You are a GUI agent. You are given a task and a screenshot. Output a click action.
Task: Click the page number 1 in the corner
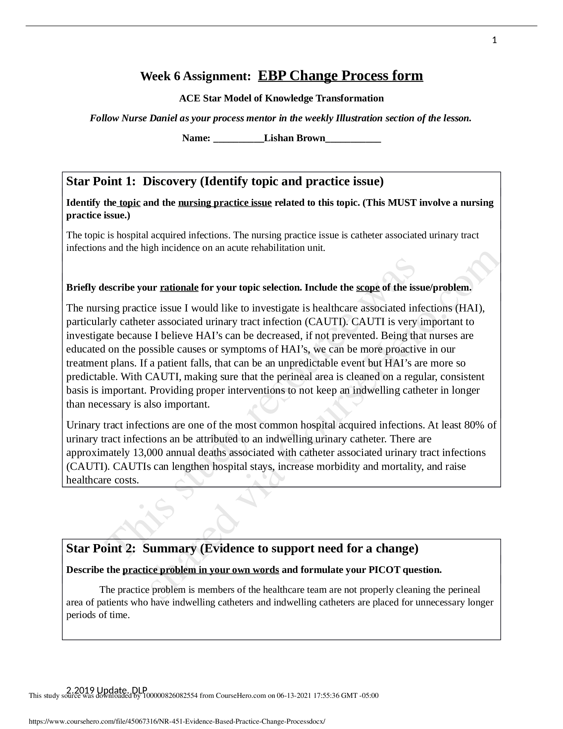pos(494,40)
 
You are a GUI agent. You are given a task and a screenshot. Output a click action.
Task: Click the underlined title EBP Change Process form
pos(340,76)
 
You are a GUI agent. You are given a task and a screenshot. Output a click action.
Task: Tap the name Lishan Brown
pos(294,138)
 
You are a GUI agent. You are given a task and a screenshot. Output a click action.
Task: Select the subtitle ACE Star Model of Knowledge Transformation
pos(281,98)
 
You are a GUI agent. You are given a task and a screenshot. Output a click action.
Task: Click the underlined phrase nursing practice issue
pos(225,202)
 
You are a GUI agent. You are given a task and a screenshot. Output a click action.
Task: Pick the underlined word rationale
pos(179,287)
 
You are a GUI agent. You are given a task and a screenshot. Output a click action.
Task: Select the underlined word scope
pos(368,287)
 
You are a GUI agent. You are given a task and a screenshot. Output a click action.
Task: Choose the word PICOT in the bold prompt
pos(384,570)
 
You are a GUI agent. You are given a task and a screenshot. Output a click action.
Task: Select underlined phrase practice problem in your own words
pos(200,570)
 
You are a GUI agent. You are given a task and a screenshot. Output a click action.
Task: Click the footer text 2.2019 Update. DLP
pos(107,690)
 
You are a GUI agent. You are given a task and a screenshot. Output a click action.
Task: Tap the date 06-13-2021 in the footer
pos(293,696)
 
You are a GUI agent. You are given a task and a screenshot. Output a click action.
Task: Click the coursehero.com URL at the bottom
pos(177,721)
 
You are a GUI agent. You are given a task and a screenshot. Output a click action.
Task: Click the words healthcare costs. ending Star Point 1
pos(102,480)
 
